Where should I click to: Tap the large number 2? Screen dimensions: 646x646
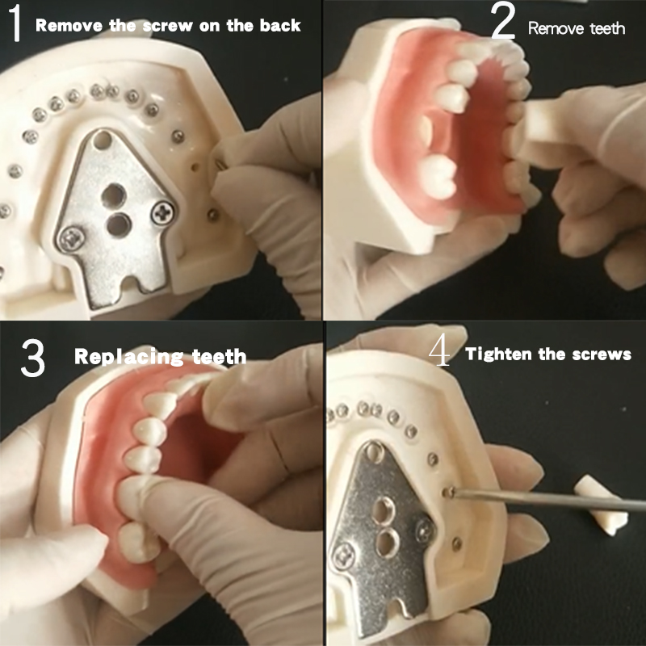[x=502, y=24]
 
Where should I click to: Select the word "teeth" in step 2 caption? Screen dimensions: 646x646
[x=606, y=28]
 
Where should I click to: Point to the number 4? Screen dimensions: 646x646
[x=440, y=352]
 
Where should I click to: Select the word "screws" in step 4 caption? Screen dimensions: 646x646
[x=604, y=354]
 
